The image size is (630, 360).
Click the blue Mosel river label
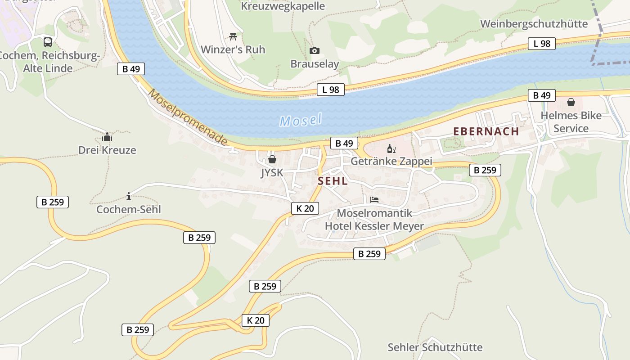[301, 120]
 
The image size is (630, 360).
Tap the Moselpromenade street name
[188, 117]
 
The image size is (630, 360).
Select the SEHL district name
[333, 181]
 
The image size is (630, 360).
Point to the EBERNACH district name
[486, 131]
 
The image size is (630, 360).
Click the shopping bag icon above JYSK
[272, 159]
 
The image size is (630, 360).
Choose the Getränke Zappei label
[391, 161]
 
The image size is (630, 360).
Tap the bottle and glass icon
[391, 149]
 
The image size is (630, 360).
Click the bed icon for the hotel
[374, 200]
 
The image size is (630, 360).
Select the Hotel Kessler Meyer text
[374, 226]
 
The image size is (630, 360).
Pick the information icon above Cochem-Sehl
[129, 196]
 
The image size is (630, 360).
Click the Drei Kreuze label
[107, 150]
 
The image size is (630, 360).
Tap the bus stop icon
[48, 42]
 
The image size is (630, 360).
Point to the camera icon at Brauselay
[315, 50]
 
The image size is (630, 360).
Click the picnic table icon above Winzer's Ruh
[233, 36]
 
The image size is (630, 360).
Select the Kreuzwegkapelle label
[283, 6]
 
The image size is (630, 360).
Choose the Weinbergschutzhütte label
[534, 24]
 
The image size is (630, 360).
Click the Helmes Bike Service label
[571, 122]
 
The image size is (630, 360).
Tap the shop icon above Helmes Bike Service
[571, 103]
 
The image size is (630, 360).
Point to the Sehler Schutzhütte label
[435, 347]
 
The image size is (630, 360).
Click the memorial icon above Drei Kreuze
[107, 137]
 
